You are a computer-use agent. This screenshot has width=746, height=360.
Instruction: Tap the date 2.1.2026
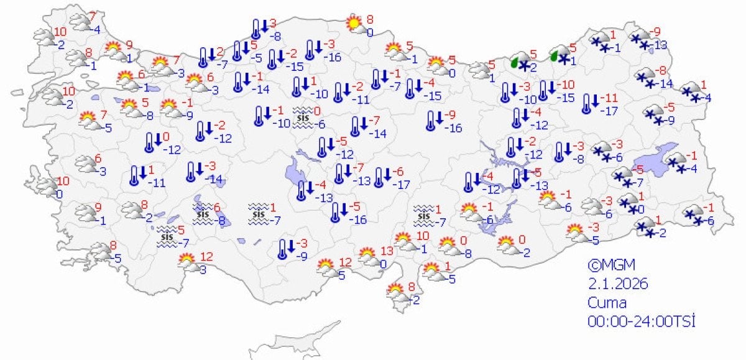point(619,284)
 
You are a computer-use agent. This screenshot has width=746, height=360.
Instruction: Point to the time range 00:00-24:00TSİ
point(641,321)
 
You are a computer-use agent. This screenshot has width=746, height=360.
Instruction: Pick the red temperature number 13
point(387,251)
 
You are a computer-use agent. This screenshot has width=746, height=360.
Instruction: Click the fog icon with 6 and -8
point(202,213)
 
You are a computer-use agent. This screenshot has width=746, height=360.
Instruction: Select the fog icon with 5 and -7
point(166,236)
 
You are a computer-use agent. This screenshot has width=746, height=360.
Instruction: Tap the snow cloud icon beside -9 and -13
point(640,39)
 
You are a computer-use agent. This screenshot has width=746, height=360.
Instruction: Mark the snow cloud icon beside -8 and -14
point(647,78)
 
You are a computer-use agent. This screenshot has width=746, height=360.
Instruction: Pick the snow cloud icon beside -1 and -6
point(693,215)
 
